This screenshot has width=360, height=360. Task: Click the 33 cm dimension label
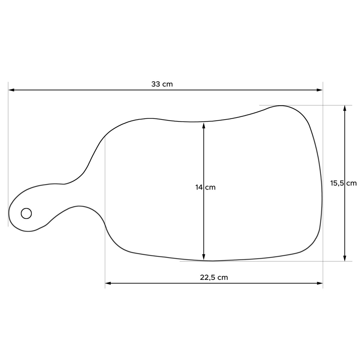pyautogui.click(x=162, y=84)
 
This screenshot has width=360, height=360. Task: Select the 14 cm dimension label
pyautogui.click(x=205, y=187)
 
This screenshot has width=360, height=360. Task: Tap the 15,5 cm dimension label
pyautogui.click(x=343, y=183)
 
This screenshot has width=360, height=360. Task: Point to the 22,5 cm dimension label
pyautogui.click(x=214, y=277)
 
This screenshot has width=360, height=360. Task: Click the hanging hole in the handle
pyautogui.click(x=26, y=213)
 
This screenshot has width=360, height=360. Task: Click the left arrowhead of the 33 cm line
pyautogui.click(x=11, y=90)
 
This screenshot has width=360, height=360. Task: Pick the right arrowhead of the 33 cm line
pyautogui.click(x=320, y=90)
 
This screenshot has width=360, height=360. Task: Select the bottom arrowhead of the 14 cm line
pyautogui.click(x=204, y=257)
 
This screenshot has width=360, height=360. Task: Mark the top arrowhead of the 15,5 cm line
pyautogui.click(x=345, y=108)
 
